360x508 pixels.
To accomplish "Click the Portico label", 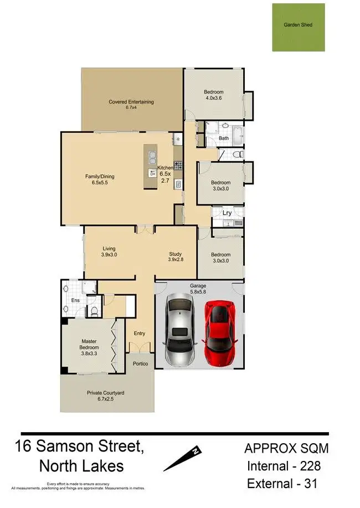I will click(x=139, y=363).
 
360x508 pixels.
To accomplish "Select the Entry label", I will click(x=140, y=333).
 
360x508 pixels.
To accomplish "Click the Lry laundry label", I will click(x=227, y=213).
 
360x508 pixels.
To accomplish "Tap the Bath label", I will click(x=224, y=138).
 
